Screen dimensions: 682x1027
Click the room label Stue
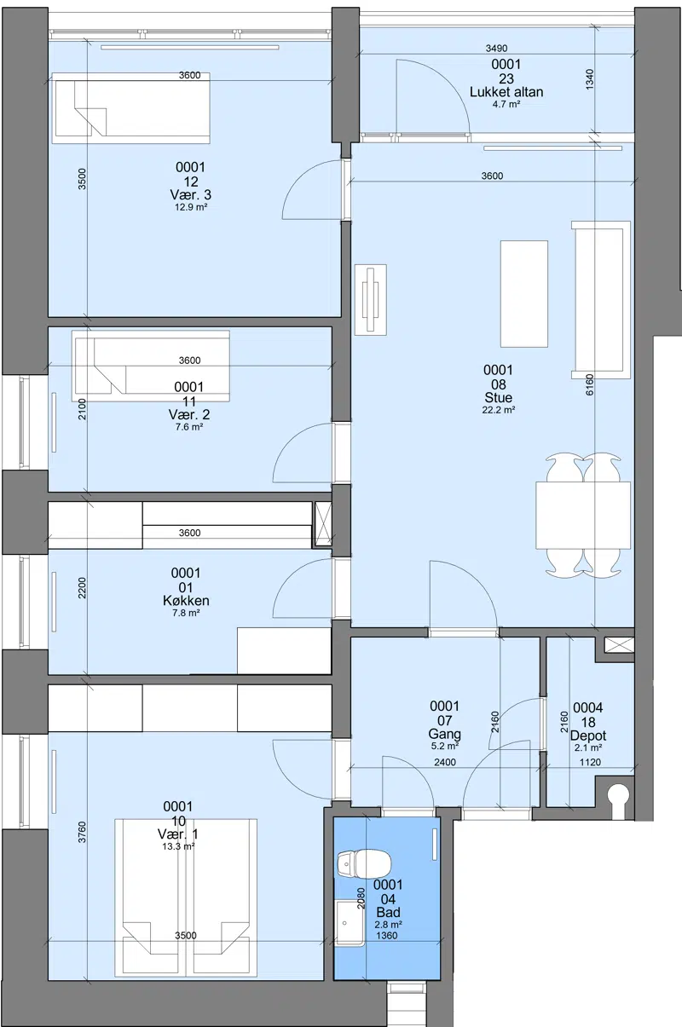click(498, 397)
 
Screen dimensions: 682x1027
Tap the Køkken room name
click(186, 601)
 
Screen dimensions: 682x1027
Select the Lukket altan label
click(506, 92)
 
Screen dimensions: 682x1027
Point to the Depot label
click(588, 736)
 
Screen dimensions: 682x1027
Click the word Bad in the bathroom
click(388, 913)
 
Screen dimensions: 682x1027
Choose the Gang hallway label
click(444, 734)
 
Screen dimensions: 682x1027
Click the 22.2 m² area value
click(498, 410)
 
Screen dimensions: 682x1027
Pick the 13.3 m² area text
click(178, 846)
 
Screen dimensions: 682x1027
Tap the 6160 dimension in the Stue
click(590, 384)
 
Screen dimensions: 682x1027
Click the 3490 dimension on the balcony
click(496, 48)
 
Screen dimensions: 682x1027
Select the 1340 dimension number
click(590, 79)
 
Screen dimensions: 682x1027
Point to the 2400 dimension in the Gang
click(445, 762)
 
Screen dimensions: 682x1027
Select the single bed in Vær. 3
click(131, 108)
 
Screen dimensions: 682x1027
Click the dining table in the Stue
click(583, 515)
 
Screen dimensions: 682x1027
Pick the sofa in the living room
click(601, 300)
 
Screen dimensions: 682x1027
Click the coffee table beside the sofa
click(524, 293)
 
